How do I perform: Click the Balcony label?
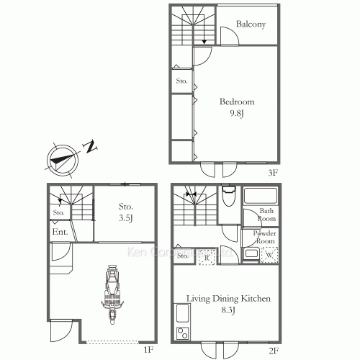[x=251, y=24]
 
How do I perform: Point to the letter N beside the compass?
[x=90, y=148]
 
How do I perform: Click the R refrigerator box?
[x=206, y=255]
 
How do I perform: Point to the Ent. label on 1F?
[x=60, y=232]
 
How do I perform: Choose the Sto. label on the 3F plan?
[x=181, y=81]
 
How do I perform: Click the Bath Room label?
[x=267, y=215]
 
